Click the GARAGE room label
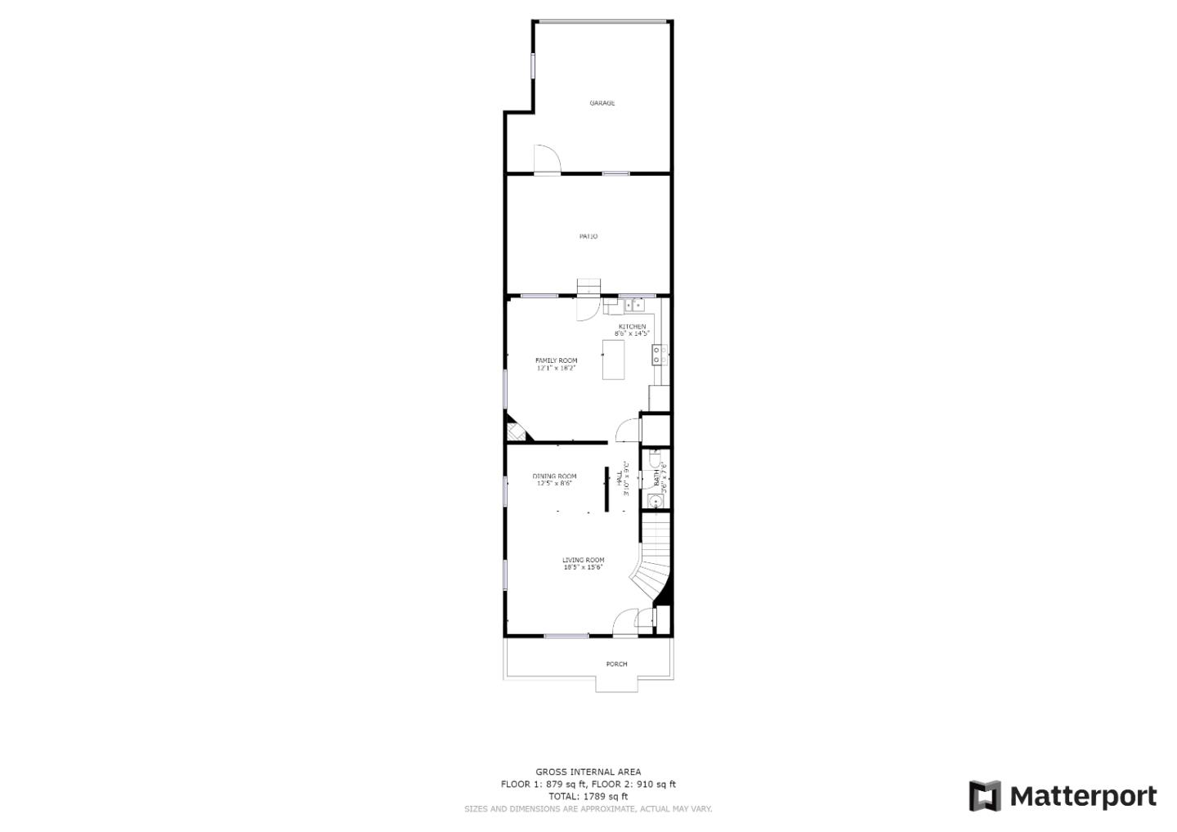(x=602, y=103)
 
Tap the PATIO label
(x=588, y=236)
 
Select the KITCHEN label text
(x=632, y=326)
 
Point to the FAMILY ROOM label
(x=556, y=360)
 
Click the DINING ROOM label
(x=554, y=476)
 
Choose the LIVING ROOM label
(x=583, y=560)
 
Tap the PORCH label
(x=616, y=664)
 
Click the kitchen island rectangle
(x=613, y=360)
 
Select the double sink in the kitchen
(x=635, y=306)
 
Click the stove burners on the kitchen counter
(x=657, y=355)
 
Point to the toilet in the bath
(x=655, y=461)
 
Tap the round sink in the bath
(x=654, y=500)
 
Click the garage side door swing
(x=545, y=159)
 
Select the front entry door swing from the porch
(x=625, y=623)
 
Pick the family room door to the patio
(x=587, y=309)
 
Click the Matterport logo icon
(x=985, y=796)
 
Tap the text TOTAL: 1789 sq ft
(x=588, y=796)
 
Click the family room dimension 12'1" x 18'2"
(x=556, y=369)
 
